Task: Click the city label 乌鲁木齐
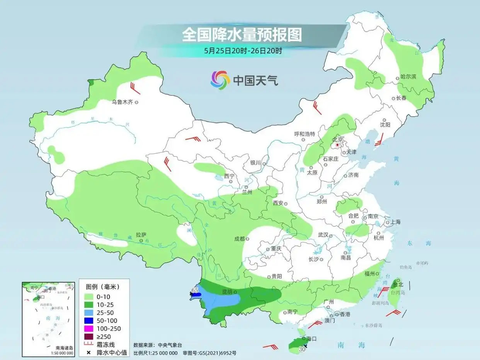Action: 122,102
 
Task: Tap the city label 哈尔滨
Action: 409,77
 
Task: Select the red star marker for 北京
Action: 337,145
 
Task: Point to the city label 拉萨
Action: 141,234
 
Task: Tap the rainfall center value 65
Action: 195,290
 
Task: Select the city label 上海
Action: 396,222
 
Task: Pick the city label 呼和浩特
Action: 305,134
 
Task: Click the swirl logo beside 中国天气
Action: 220,80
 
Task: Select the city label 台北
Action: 398,284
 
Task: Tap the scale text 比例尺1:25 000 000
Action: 155,353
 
